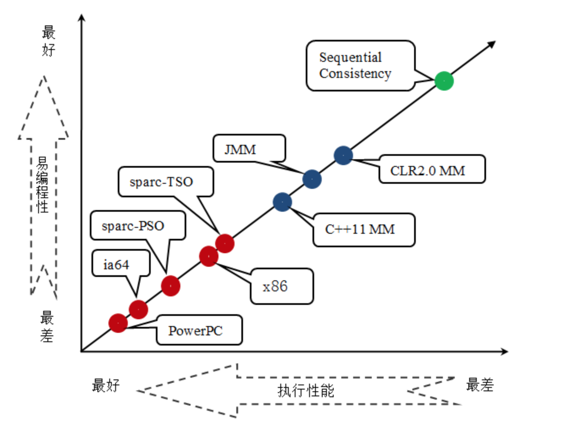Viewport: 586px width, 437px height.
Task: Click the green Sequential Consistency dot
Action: (444, 81)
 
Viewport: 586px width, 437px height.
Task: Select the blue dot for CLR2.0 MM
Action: (343, 156)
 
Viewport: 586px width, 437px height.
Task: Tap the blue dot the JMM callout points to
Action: (312, 179)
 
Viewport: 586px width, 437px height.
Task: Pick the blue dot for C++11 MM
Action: (282, 202)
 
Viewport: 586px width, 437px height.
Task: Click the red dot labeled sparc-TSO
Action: (225, 243)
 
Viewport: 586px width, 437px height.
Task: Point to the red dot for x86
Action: (209, 256)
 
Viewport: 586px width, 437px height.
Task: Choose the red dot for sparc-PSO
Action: (171, 286)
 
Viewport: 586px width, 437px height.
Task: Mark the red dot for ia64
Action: (138, 310)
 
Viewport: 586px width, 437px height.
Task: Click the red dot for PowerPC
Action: (118, 323)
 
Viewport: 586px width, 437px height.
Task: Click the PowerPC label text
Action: (195, 331)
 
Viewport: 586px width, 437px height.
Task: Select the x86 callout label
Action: (275, 287)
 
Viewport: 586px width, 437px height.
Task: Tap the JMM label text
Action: (240, 150)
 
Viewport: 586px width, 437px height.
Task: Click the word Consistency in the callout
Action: (355, 74)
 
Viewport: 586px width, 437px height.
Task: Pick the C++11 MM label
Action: (360, 230)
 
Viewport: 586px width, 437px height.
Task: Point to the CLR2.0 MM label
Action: (428, 171)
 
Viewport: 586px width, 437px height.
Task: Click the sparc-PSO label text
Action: (133, 226)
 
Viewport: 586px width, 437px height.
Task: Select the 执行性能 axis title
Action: (306, 390)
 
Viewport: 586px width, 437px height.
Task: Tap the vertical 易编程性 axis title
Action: (42, 185)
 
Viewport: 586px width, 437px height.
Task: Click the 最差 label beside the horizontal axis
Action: (480, 385)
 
